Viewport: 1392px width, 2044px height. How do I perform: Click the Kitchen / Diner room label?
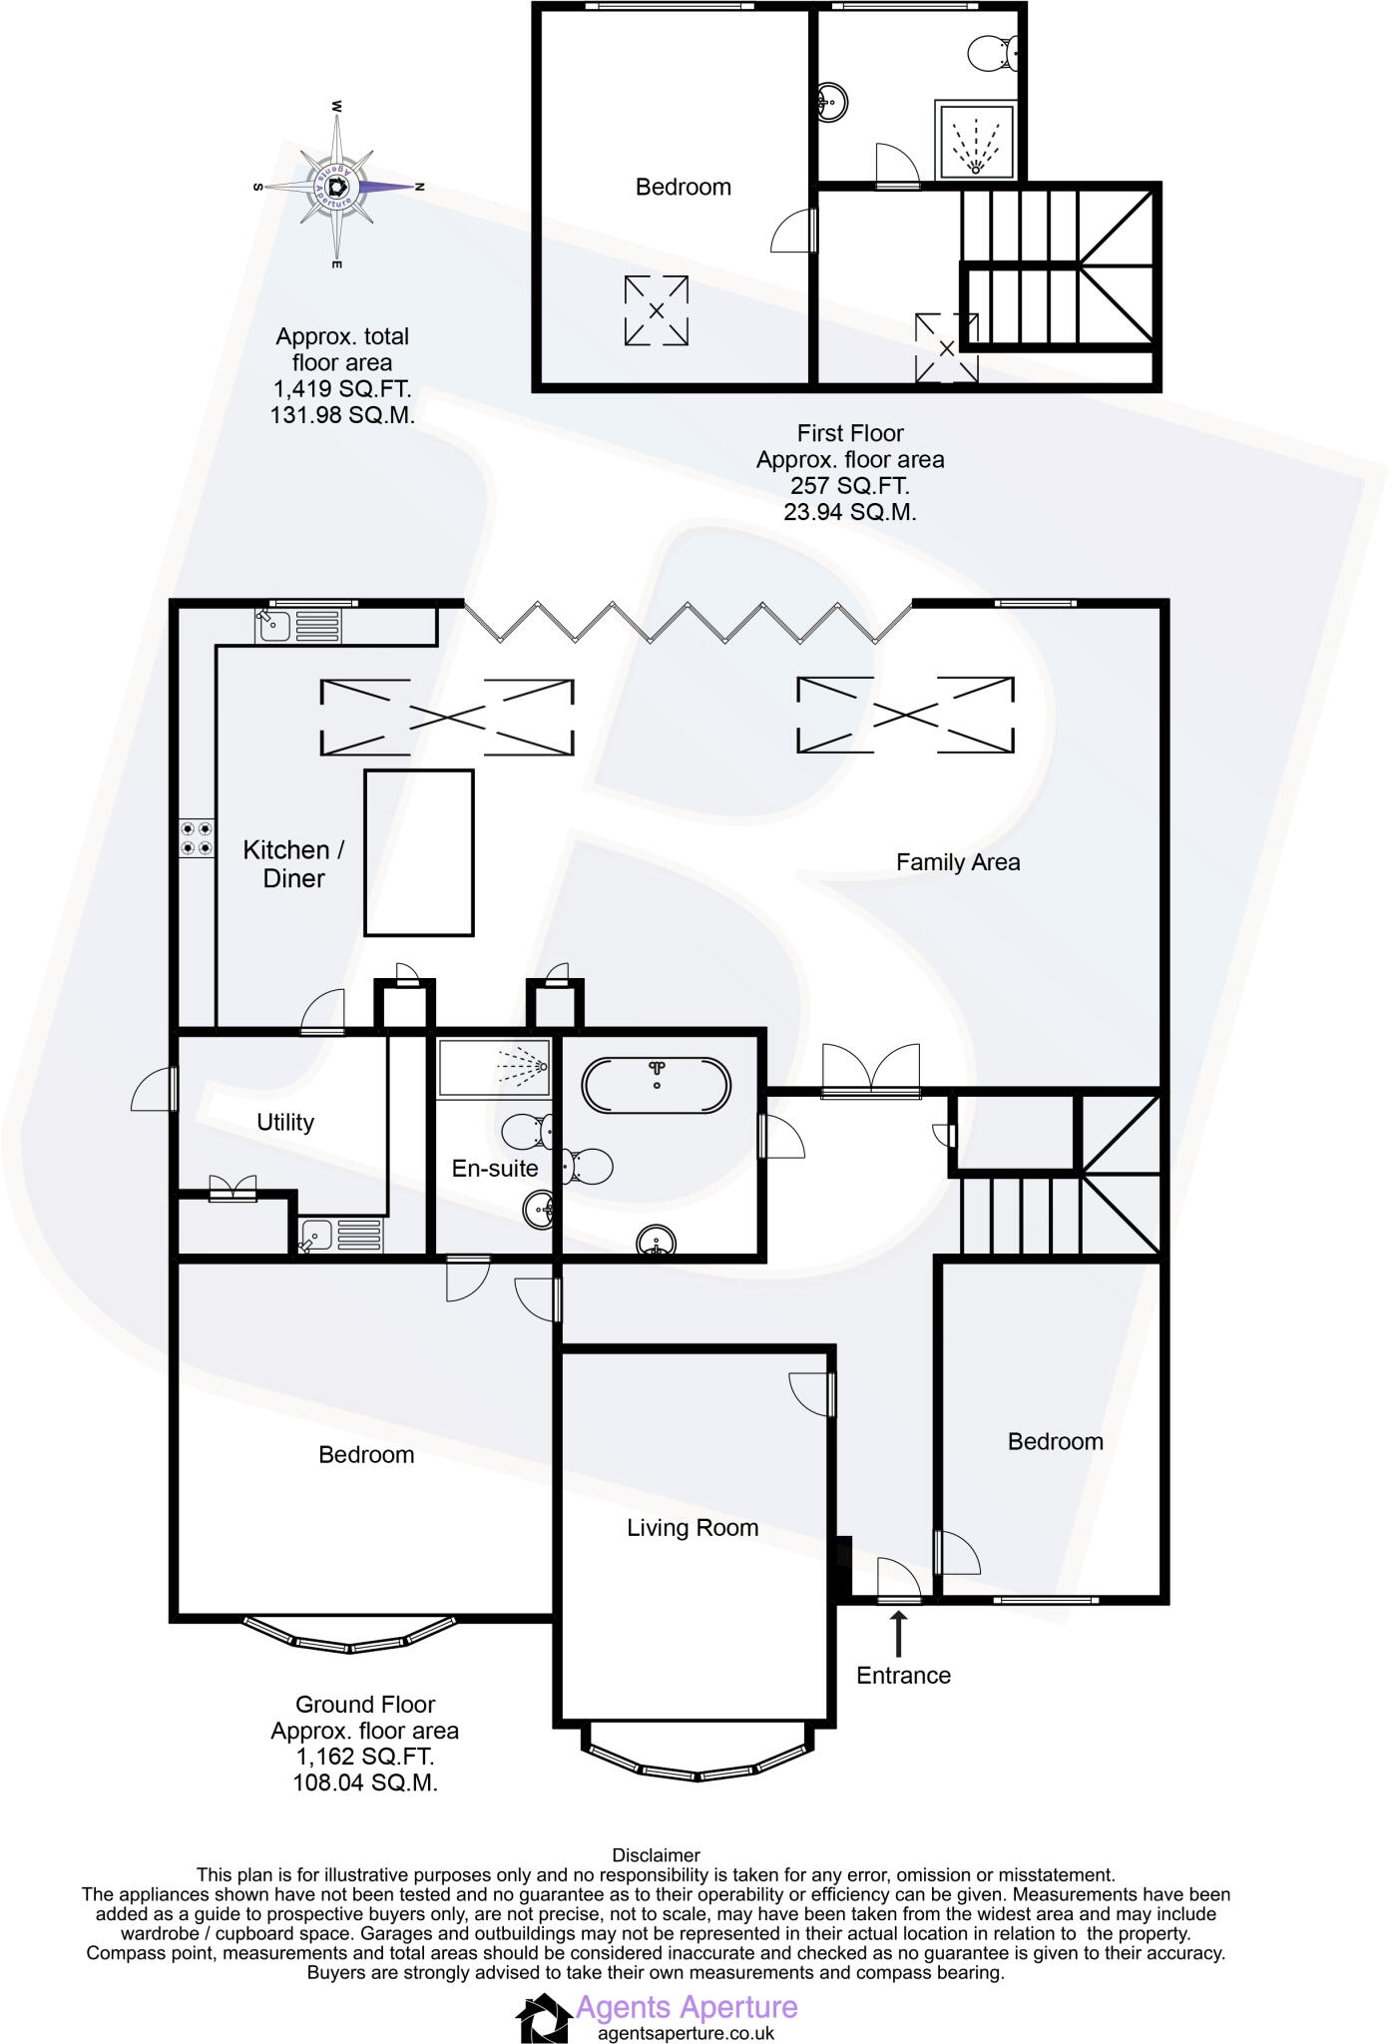(x=293, y=864)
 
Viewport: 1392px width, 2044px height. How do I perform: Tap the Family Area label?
(x=957, y=862)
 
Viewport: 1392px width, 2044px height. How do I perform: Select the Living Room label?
(x=692, y=1527)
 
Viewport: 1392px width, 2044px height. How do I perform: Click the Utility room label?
(x=285, y=1122)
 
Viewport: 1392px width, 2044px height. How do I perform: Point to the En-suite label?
(x=494, y=1168)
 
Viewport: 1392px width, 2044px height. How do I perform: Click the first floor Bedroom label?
(x=683, y=187)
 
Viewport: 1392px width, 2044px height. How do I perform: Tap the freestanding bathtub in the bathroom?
(x=656, y=1086)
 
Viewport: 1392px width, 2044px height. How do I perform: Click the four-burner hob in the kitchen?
(x=197, y=838)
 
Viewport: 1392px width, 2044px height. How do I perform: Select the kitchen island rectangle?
(x=418, y=852)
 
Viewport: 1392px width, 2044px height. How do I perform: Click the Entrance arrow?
(x=899, y=1634)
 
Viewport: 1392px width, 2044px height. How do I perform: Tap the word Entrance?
(x=903, y=1676)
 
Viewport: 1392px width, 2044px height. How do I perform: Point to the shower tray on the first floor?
(x=975, y=140)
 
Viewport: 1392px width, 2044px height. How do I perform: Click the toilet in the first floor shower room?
(x=993, y=52)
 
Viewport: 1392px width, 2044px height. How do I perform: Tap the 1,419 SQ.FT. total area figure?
(x=341, y=389)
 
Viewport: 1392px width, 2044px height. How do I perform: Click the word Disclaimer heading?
(x=656, y=1855)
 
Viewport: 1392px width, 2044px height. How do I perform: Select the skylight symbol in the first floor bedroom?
(x=656, y=310)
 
